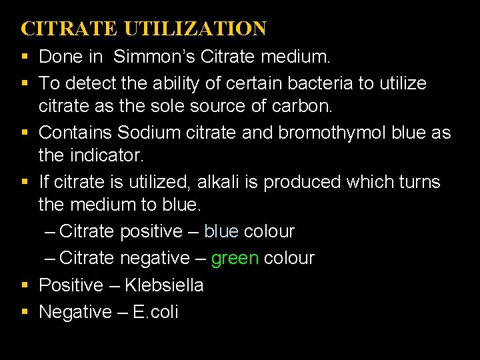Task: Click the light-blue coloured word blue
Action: pyautogui.click(x=221, y=231)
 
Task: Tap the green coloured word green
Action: pyautogui.click(x=235, y=258)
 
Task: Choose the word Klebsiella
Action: pyautogui.click(x=164, y=285)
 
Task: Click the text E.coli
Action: pyautogui.click(x=156, y=311)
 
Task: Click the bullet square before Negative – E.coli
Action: pyautogui.click(x=25, y=312)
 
